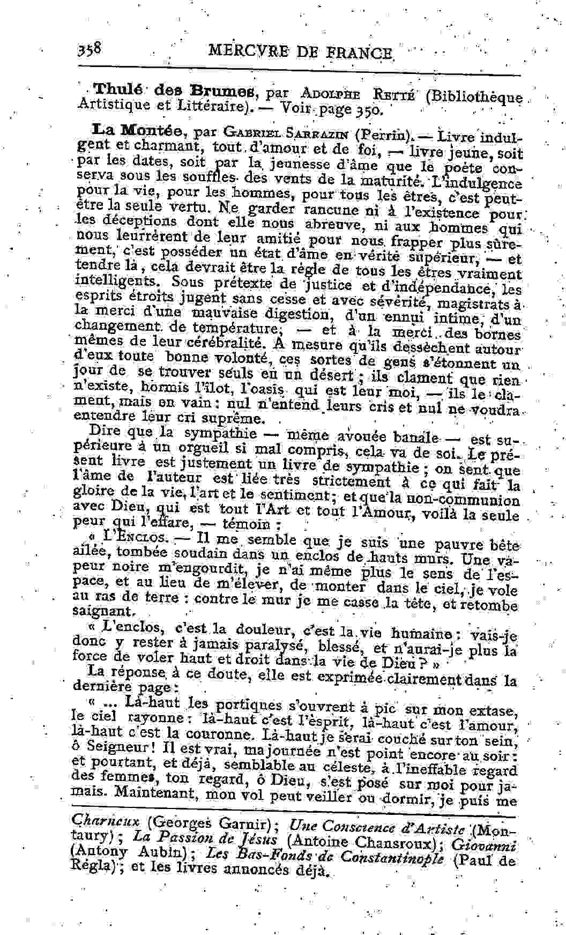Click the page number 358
(x=90, y=50)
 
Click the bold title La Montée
(x=140, y=130)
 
